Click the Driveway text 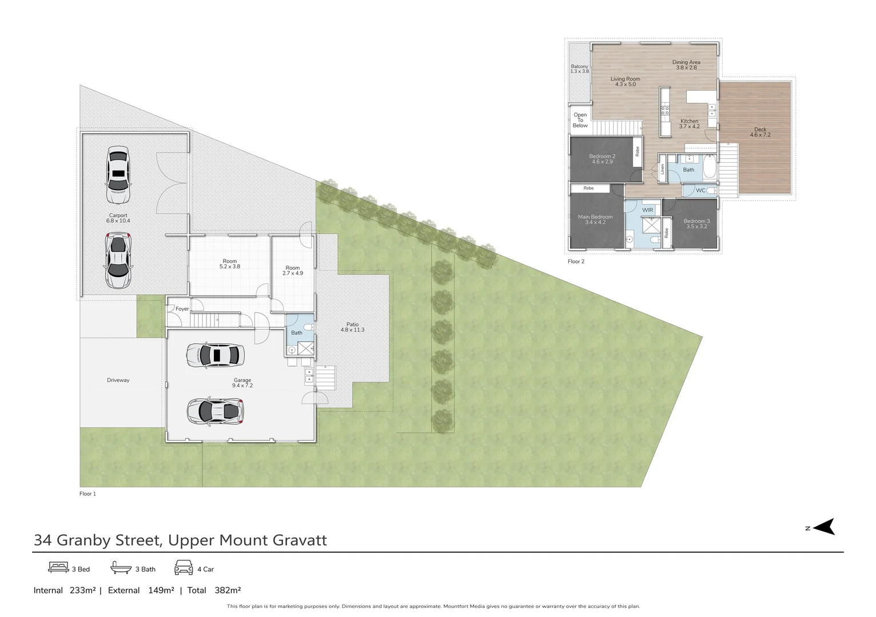118,380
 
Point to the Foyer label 182,309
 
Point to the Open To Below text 580,120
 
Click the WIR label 647,210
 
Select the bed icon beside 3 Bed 58,567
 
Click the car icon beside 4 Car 184,568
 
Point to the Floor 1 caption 87,494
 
